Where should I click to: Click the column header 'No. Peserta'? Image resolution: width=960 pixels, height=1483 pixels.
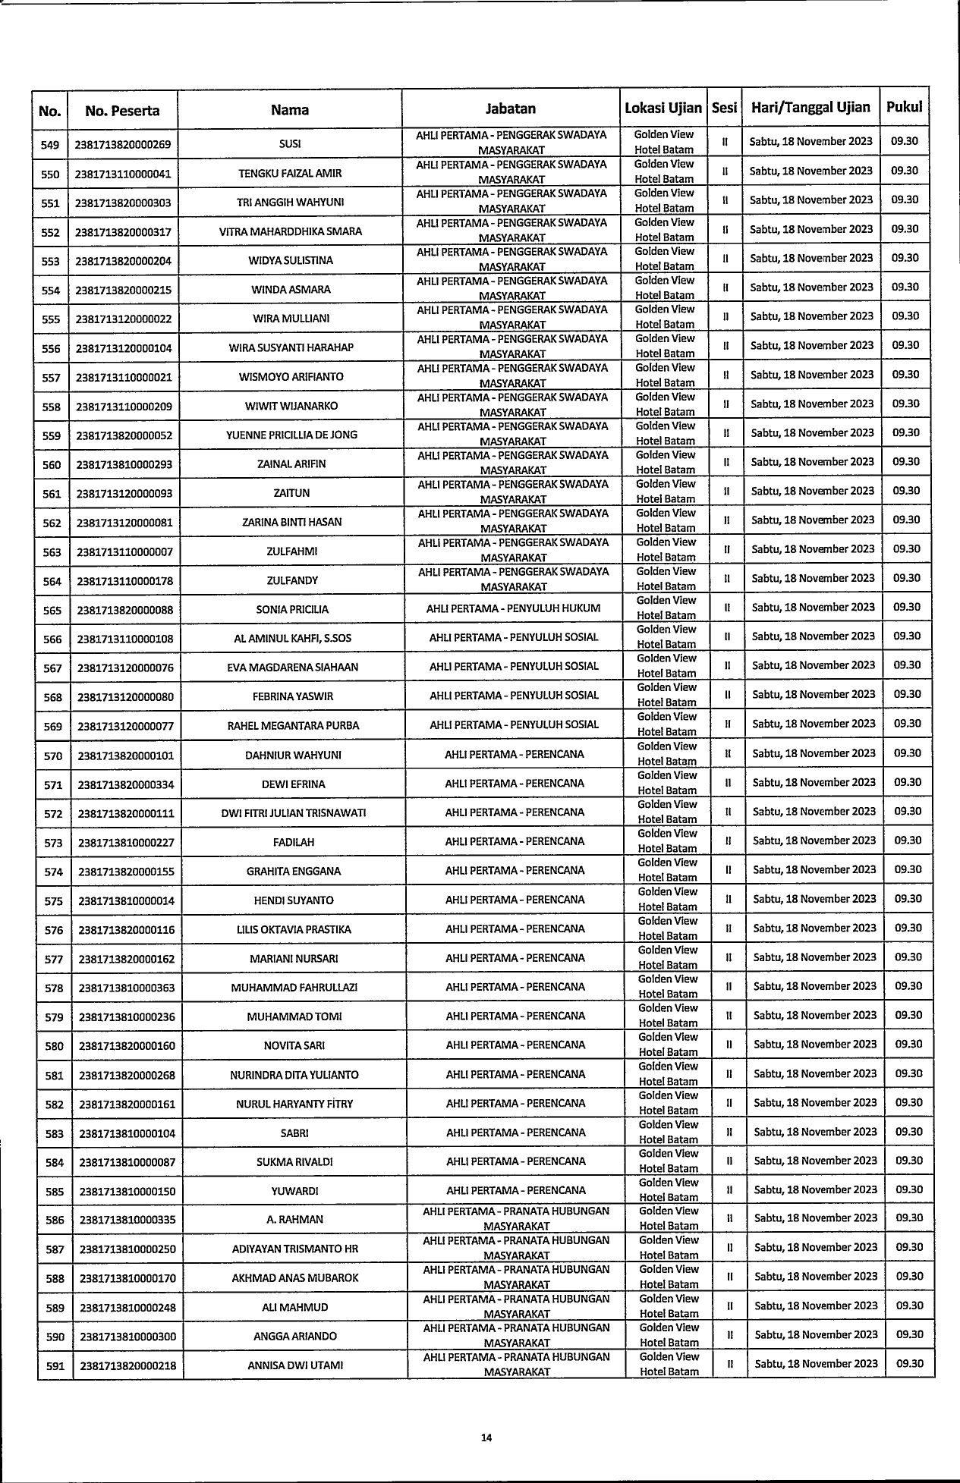[x=122, y=111]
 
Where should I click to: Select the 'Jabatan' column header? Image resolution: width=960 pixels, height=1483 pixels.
[x=511, y=108]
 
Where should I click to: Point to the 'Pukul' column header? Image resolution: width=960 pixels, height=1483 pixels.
[x=904, y=107]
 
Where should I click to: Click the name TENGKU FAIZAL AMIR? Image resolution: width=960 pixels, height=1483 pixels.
[x=290, y=174]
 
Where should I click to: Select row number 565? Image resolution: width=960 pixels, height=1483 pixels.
[x=52, y=610]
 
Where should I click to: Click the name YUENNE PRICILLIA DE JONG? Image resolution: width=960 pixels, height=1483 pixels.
[x=291, y=435]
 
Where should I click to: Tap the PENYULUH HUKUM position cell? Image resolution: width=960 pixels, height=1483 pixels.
[x=514, y=608]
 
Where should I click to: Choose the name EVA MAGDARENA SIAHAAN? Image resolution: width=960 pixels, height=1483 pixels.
[x=293, y=668]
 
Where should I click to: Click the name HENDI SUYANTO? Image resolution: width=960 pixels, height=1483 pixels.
[x=294, y=900]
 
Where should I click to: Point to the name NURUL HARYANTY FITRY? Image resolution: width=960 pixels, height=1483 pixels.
[x=294, y=1104]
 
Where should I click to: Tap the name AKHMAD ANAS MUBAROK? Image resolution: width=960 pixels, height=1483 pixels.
[x=295, y=1278]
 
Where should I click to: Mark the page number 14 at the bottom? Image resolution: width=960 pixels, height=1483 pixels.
[x=486, y=1437]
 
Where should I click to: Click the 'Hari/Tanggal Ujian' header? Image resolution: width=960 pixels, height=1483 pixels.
[x=810, y=108]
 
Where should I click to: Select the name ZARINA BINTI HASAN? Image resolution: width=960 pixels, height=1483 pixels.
[x=291, y=523]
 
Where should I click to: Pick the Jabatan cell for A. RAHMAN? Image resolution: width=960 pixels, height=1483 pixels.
[x=516, y=1218]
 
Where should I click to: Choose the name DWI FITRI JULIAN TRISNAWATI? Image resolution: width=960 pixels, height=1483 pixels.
[x=294, y=813]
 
